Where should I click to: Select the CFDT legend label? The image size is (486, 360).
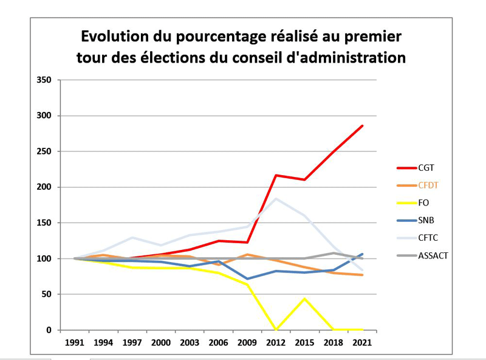point(428,185)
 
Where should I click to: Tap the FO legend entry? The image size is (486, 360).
point(423,202)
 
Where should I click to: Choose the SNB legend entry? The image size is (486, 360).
point(425,220)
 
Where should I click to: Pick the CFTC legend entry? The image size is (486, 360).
point(427,238)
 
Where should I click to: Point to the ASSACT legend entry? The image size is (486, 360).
point(433,255)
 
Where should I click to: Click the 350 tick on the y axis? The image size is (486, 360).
point(46,80)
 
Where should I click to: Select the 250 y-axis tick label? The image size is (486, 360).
point(46,151)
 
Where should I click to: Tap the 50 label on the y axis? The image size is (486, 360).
point(49,294)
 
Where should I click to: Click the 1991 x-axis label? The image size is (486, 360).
point(75,342)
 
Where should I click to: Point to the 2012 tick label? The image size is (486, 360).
point(276,342)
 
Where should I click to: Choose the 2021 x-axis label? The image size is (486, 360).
point(362,342)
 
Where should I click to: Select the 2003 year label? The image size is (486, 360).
point(190,342)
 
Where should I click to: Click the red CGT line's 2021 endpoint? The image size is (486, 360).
point(362,126)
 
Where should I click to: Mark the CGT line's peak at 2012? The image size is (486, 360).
point(276,175)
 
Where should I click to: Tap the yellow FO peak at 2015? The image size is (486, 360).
point(304,299)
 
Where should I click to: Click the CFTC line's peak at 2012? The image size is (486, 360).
point(276,198)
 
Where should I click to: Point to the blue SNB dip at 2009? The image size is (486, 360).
point(247,279)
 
